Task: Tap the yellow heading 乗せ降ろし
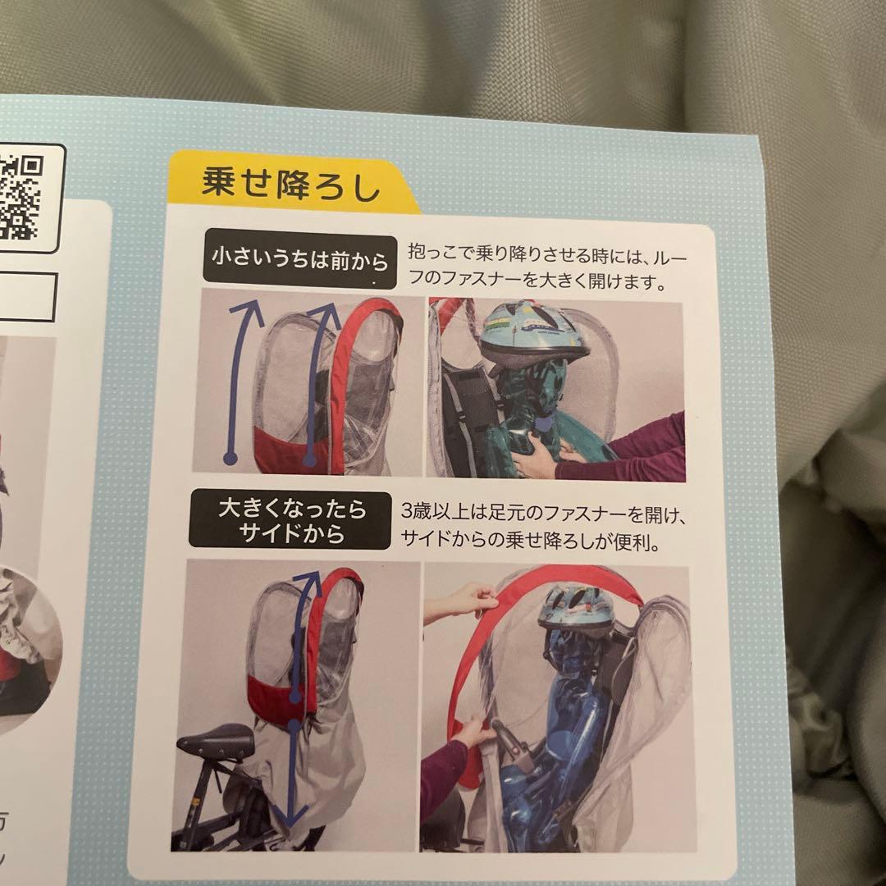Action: (291, 183)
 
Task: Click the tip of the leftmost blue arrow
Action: (244, 304)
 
